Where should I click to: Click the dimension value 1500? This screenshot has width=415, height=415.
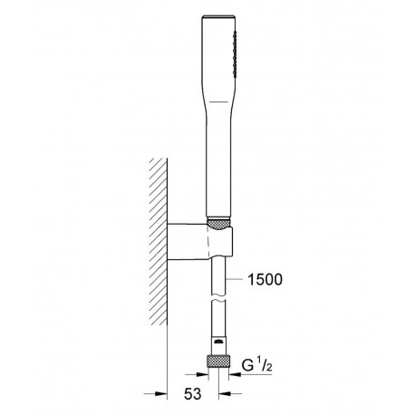tap(265, 279)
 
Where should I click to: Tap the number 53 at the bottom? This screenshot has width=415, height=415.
tap(192, 394)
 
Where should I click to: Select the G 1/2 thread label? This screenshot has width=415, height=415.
tap(257, 365)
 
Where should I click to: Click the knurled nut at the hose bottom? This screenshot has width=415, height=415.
tap(218, 361)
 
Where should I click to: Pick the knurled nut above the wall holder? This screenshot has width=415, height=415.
tap(219, 224)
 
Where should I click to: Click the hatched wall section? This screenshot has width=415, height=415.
tap(159, 241)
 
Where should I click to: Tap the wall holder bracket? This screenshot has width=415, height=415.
tap(200, 241)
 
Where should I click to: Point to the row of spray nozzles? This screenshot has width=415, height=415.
tap(235, 53)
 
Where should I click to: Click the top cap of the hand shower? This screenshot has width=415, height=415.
tap(218, 16)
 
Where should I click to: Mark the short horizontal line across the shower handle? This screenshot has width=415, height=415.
tap(219, 101)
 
